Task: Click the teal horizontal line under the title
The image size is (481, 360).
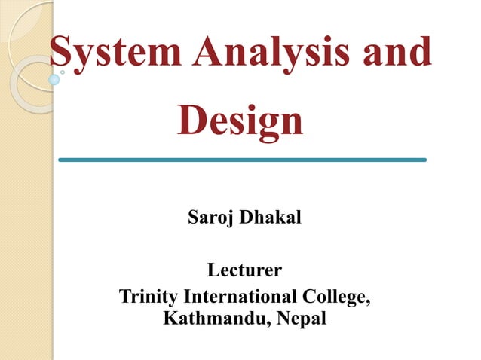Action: click(242, 160)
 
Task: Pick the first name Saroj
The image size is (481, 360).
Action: click(210, 219)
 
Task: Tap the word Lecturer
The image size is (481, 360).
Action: click(244, 269)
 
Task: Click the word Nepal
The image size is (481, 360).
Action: click(301, 319)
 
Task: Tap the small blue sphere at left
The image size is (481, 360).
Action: click(54, 79)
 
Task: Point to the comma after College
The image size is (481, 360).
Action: click(368, 301)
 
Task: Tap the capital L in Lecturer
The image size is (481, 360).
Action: click(213, 269)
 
